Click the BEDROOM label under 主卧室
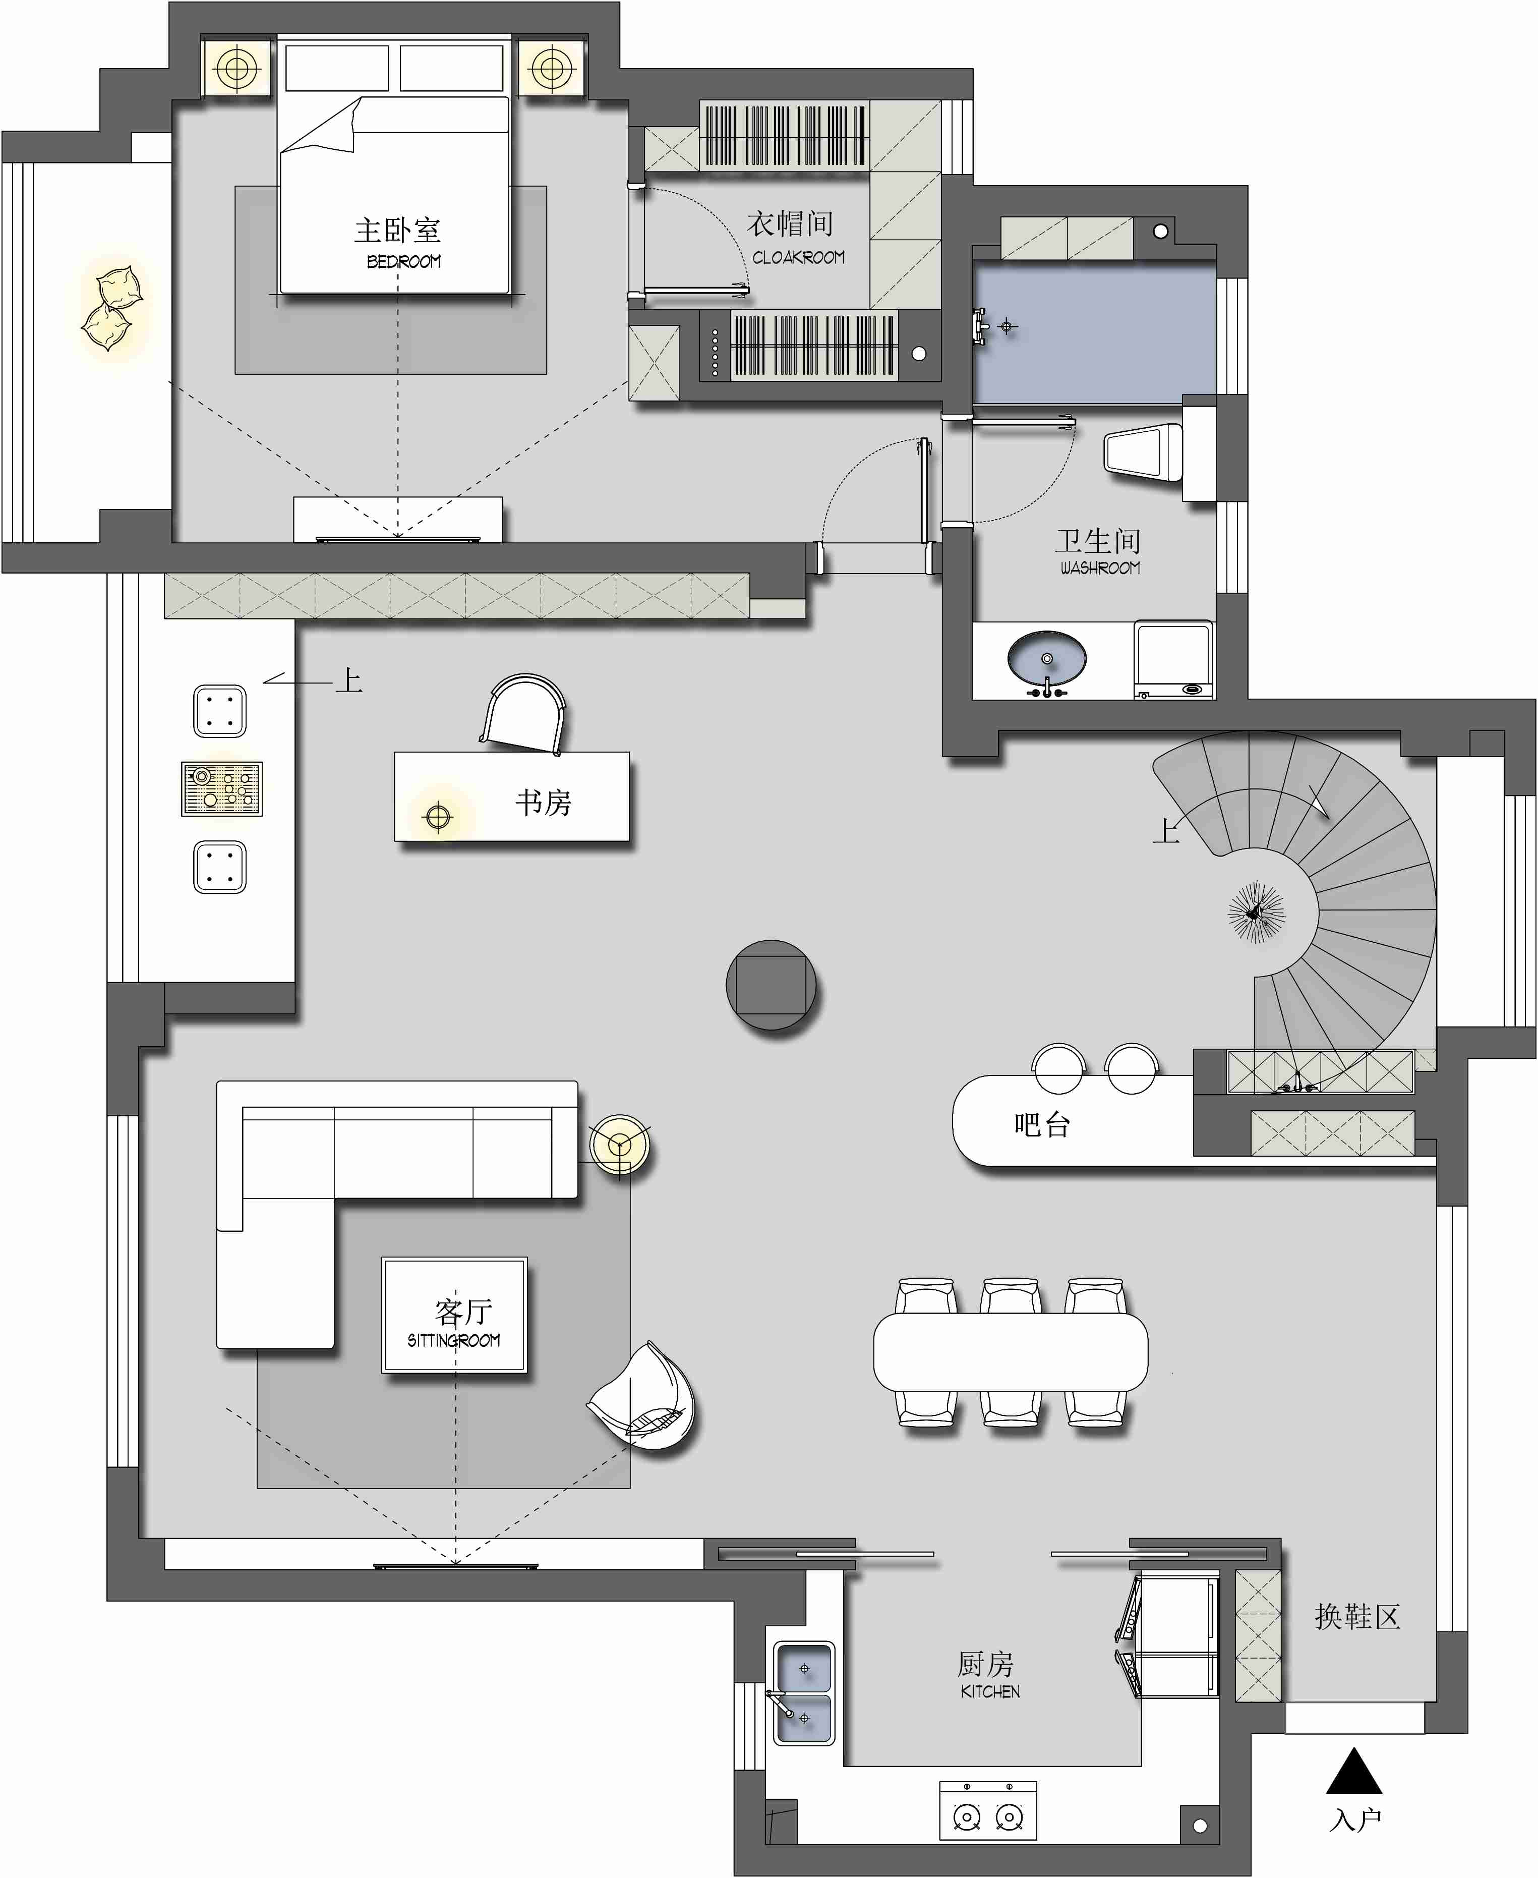pos(403,261)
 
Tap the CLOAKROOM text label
pos(798,257)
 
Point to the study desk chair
pos(523,713)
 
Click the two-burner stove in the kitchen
pos(988,1810)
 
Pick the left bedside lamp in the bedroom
pos(238,68)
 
